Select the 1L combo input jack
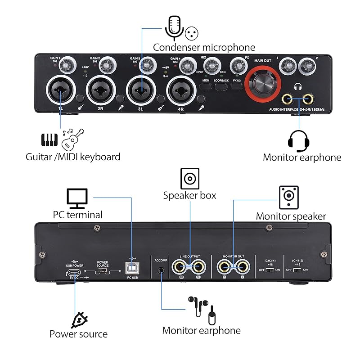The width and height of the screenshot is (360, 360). point(60,90)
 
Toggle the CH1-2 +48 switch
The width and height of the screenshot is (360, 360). point(297,270)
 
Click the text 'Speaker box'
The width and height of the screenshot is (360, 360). point(189,196)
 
